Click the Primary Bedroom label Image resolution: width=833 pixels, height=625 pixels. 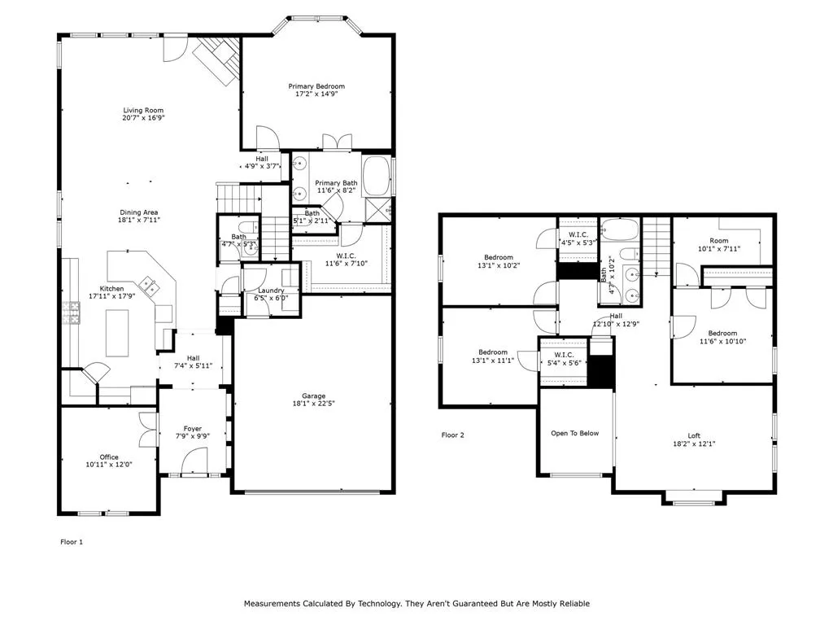(x=316, y=86)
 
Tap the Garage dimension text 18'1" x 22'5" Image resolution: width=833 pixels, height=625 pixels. (x=313, y=403)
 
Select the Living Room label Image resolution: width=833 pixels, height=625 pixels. (x=143, y=111)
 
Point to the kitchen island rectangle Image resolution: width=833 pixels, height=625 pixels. (x=117, y=333)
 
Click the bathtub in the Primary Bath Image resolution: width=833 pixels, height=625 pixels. (x=377, y=177)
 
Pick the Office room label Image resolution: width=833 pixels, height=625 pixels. (x=109, y=457)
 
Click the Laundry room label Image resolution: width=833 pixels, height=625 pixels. (x=271, y=291)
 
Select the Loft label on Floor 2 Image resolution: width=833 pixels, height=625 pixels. (x=694, y=436)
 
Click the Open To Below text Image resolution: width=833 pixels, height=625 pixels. (x=575, y=433)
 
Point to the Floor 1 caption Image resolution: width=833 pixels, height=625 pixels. (x=72, y=542)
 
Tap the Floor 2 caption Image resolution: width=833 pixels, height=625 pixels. (x=452, y=435)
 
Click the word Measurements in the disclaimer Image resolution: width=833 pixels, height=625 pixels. (x=272, y=603)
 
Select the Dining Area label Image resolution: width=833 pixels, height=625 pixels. (x=138, y=212)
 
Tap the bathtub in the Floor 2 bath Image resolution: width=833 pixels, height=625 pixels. (x=619, y=230)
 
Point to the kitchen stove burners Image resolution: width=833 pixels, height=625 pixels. (x=72, y=312)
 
